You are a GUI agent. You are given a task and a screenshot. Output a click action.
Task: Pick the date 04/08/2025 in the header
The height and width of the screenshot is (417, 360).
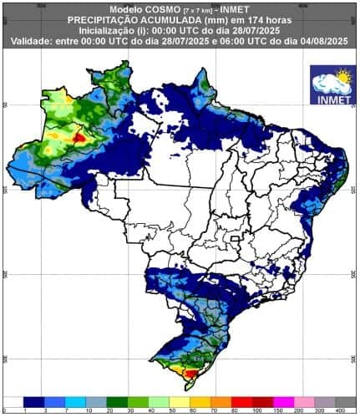pos(322,41)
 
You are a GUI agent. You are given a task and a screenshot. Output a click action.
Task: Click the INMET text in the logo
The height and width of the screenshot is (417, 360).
pos(332,99)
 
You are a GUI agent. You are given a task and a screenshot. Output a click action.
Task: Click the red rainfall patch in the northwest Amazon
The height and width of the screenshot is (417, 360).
pos(79,136)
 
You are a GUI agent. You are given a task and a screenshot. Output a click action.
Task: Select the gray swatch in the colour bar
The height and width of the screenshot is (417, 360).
pos(330,401)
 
